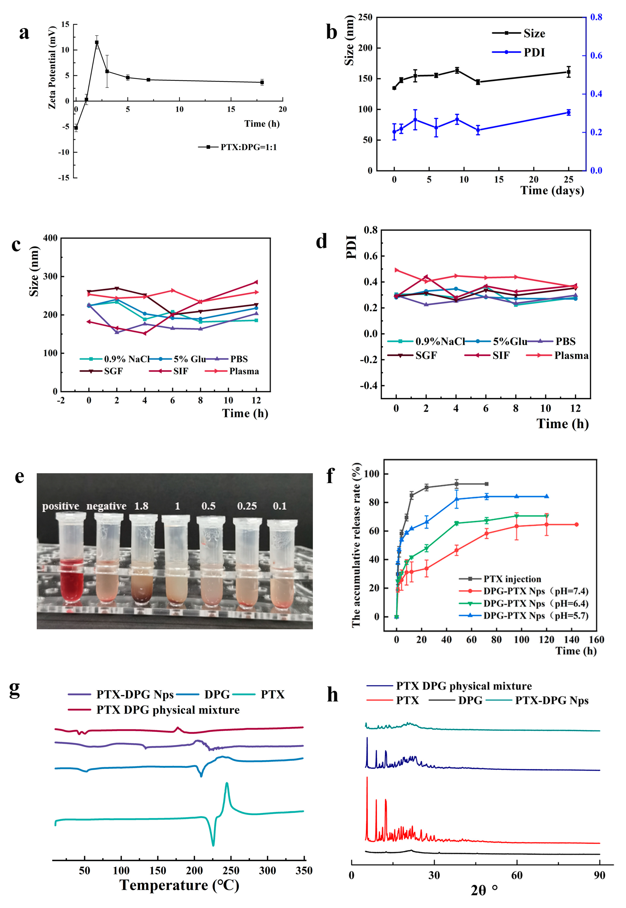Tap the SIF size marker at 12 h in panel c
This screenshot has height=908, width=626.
pyautogui.click(x=256, y=282)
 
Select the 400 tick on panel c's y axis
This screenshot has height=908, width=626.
pyautogui.click(x=50, y=238)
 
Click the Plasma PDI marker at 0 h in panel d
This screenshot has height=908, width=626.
pyautogui.click(x=396, y=270)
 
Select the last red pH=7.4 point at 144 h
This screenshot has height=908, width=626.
pyautogui.click(x=576, y=524)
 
